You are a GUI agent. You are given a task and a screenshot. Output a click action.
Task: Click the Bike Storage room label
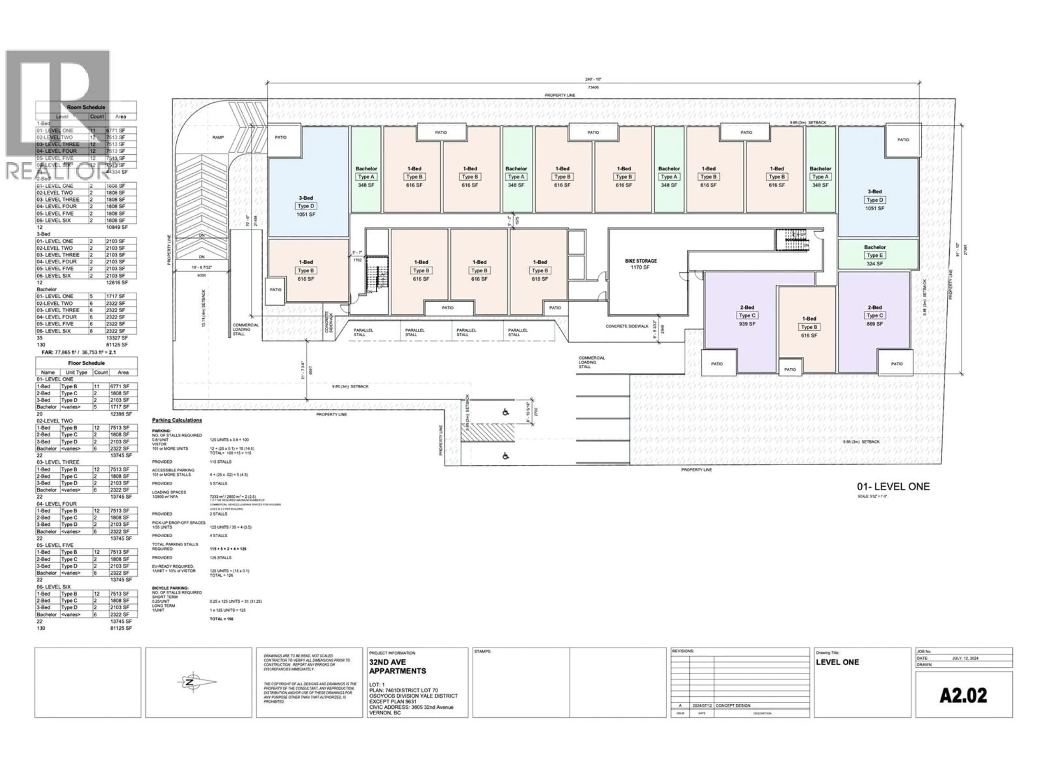point(640,261)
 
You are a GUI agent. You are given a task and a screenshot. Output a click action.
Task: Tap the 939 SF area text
point(747,324)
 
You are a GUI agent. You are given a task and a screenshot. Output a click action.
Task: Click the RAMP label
point(218,137)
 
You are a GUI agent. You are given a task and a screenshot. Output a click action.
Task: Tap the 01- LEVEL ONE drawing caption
point(893,487)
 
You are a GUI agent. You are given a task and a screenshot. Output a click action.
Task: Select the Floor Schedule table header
point(86,363)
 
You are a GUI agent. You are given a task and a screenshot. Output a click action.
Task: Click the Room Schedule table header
point(86,107)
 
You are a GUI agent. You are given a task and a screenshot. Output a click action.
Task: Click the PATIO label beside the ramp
point(281,137)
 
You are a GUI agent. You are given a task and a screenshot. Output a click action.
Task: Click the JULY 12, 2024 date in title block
point(965,658)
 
